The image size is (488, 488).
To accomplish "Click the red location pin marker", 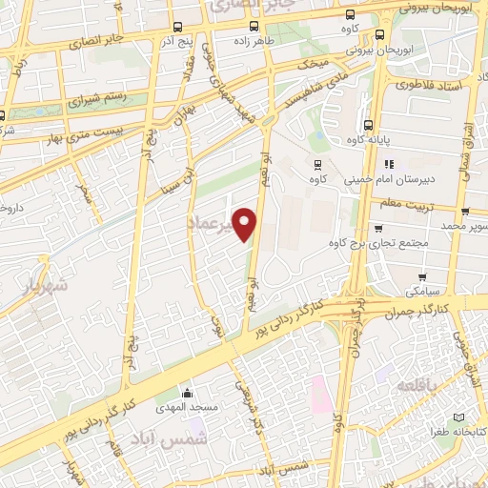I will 246,224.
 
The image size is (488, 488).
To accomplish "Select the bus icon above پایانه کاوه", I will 369,124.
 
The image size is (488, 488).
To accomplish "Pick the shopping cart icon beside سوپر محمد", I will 464,212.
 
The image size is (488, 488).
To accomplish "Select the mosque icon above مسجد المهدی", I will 188,393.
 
